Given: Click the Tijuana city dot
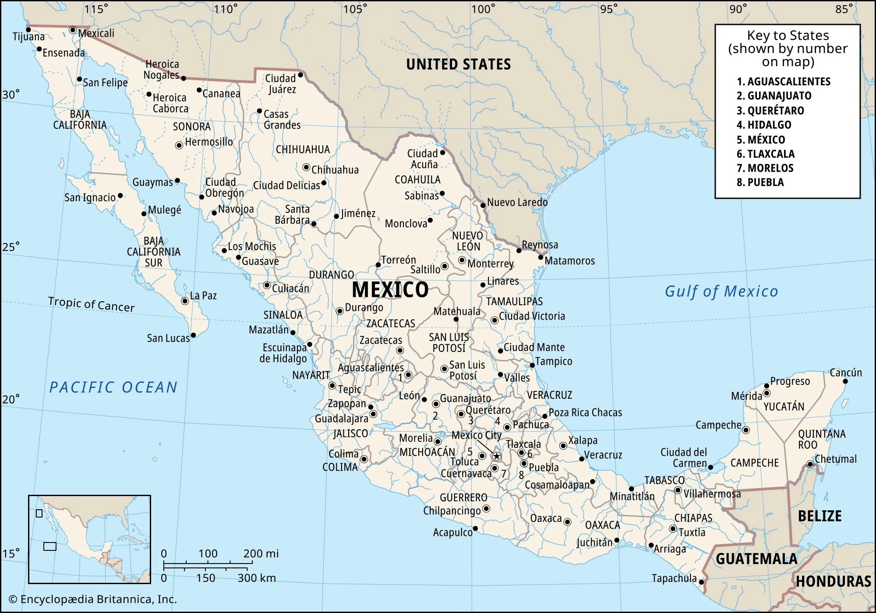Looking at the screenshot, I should coord(28,30).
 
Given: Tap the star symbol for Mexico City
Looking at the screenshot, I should coord(496,456).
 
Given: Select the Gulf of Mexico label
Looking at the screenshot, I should coord(721,291).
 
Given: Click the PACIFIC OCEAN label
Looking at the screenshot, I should coord(113,387).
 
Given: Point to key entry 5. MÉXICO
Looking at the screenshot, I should coord(761,140).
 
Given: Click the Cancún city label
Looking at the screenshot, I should coord(845,373).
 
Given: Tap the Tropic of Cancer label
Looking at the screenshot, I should coord(92,304).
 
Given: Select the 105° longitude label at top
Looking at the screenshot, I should coord(355,9).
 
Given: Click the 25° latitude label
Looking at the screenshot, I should coord(11,247).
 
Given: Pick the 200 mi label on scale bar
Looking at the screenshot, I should coord(261,553).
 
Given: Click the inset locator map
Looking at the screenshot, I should coord(89,539).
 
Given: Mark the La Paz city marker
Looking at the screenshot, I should coord(185,301).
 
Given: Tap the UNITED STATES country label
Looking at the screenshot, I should coord(458,64).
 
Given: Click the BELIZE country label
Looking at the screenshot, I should coord(819,516).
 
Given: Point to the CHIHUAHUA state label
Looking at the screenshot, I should coord(303,149).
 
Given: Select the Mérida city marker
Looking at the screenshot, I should coord(766,393).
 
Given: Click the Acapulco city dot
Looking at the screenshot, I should coord(475,528).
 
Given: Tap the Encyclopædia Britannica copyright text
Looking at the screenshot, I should coord(93,599).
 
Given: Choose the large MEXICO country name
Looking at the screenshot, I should coord(390,289).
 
